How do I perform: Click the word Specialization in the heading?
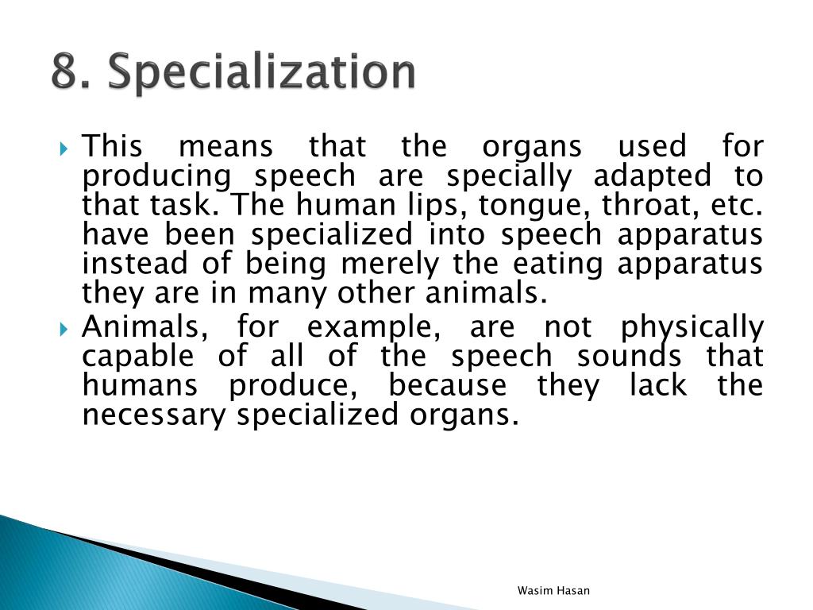(261, 74)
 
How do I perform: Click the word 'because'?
(447, 385)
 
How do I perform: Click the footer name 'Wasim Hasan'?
(553, 590)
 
